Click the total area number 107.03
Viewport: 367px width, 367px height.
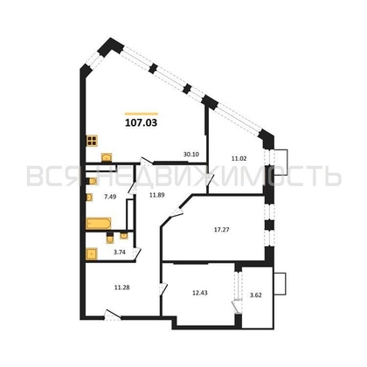142,123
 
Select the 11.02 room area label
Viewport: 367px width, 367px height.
239,158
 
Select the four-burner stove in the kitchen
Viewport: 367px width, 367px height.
91,141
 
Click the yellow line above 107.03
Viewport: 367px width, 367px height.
142,113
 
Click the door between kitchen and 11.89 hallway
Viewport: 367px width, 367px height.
149,163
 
